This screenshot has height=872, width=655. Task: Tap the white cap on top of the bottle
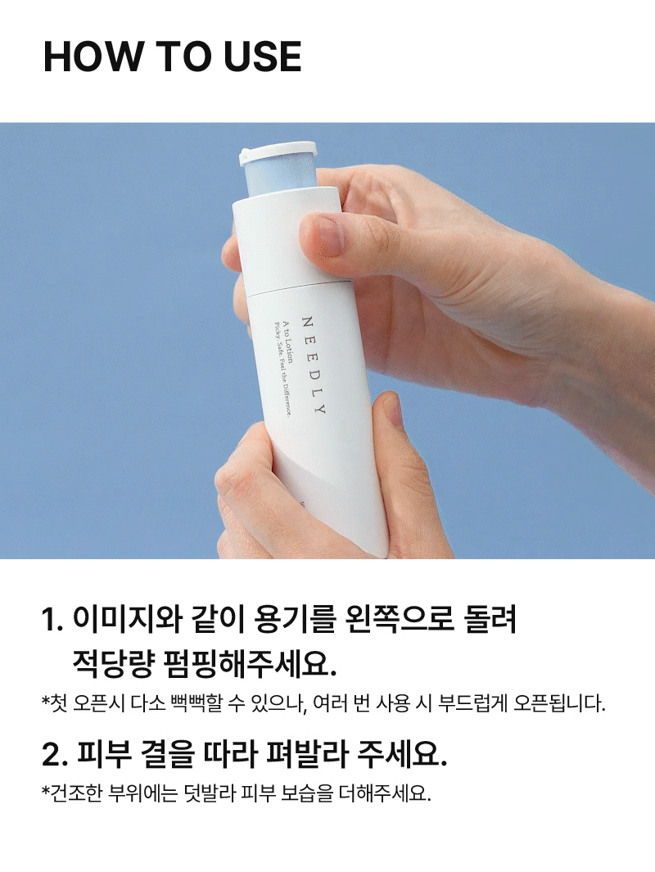278,151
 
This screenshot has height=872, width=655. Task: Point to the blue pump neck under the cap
280,177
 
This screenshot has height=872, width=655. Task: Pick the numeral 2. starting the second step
55,755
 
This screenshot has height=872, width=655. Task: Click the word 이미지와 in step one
128,619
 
